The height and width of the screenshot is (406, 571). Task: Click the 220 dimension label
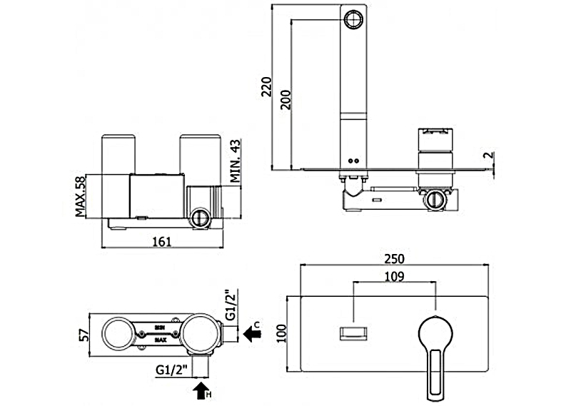[x=267, y=88]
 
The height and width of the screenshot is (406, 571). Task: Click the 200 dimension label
[x=285, y=98]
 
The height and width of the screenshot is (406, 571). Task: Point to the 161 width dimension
[x=162, y=242]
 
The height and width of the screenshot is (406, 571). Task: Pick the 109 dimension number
[x=395, y=276]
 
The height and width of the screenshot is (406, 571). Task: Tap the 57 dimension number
[x=83, y=335]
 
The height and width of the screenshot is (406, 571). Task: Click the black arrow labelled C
[x=252, y=332]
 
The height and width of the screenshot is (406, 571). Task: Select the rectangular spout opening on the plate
[x=355, y=332]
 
